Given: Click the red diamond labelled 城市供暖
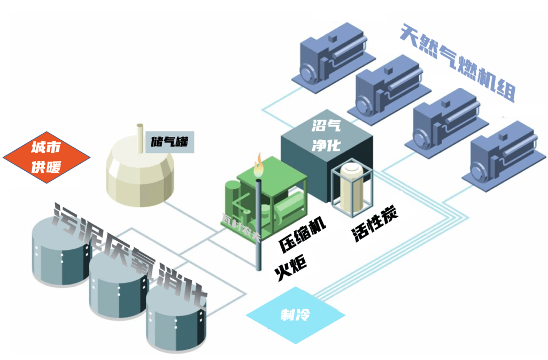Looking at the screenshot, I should point(47,157).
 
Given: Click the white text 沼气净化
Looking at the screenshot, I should point(326,135).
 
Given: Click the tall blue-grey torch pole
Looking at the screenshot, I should point(259,225).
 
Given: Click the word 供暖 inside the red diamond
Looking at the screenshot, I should point(46,166).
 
